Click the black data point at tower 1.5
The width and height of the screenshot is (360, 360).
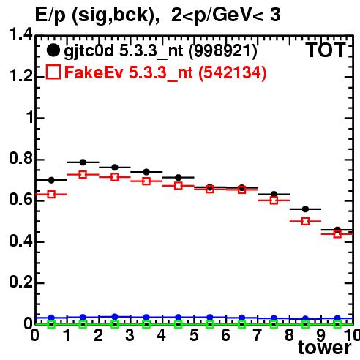click(x=83, y=162)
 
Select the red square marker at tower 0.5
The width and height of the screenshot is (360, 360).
click(x=51, y=195)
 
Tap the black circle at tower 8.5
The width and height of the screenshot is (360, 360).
click(x=305, y=209)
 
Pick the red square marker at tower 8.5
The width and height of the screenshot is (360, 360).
click(x=305, y=222)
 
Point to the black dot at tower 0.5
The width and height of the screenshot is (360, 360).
click(x=51, y=180)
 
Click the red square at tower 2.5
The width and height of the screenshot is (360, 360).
click(x=115, y=177)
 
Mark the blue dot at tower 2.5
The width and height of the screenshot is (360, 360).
click(x=115, y=317)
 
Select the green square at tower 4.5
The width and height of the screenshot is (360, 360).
click(x=179, y=324)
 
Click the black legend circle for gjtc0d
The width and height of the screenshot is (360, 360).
click(x=53, y=50)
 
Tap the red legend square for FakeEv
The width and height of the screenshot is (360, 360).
click(x=53, y=72)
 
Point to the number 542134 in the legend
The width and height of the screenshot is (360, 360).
click(x=233, y=72)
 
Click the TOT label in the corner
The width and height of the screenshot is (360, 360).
click(x=326, y=50)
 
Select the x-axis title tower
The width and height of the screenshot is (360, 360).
click(x=325, y=348)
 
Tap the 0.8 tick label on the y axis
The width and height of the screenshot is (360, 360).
click(x=20, y=158)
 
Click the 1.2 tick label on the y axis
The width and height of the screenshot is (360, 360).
click(x=20, y=75)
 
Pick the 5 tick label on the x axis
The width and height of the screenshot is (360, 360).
click(x=194, y=335)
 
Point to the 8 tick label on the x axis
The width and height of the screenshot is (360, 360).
click(x=289, y=335)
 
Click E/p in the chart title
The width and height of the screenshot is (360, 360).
click(x=50, y=15)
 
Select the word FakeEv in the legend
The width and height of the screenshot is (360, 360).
click(x=94, y=72)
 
